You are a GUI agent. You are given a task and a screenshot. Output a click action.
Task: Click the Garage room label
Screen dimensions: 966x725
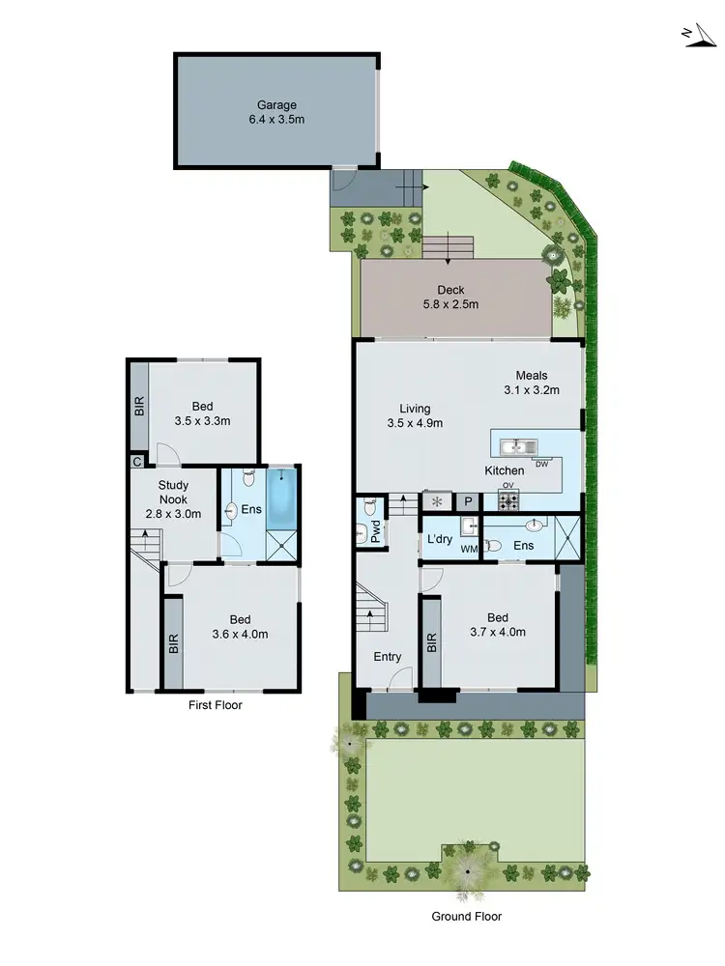point(276,112)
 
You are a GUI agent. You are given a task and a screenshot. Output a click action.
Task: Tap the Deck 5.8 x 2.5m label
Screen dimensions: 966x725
point(450,297)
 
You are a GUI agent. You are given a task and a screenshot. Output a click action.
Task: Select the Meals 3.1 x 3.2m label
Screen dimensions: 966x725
point(532,383)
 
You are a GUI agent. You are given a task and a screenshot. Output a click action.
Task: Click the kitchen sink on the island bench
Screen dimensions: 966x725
point(517,446)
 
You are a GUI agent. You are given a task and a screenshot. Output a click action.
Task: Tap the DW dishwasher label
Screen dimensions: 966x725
point(541,464)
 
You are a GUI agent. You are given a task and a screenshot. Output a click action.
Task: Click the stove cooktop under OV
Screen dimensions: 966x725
point(508,500)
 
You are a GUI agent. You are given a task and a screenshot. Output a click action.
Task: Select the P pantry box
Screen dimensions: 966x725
point(468,501)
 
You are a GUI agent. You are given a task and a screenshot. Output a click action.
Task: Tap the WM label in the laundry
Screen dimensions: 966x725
point(469,550)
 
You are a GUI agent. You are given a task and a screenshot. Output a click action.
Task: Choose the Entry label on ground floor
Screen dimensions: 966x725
point(387,657)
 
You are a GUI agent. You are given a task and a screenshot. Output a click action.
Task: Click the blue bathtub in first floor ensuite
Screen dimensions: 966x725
point(284,494)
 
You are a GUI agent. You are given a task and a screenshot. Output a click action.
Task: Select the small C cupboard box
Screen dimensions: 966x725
point(136,462)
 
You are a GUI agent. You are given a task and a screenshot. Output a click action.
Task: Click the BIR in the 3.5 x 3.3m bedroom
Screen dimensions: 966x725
point(138,406)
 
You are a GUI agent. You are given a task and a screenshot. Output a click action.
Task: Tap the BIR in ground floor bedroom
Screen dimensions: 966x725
point(430,642)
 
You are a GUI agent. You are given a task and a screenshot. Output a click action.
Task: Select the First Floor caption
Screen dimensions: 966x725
point(216,705)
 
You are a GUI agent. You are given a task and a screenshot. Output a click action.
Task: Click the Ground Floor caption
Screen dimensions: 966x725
point(468,917)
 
